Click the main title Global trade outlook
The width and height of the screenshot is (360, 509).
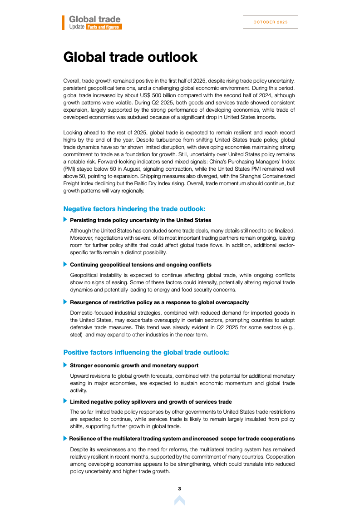(x=130, y=57)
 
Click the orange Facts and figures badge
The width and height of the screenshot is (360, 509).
(x=104, y=27)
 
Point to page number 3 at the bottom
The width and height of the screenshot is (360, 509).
(x=179, y=489)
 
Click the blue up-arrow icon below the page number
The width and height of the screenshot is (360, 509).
(x=179, y=500)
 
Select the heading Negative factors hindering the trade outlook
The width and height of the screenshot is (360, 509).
(x=134, y=209)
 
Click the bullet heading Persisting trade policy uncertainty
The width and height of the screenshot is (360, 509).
(x=140, y=220)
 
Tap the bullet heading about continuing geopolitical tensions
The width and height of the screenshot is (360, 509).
(x=140, y=264)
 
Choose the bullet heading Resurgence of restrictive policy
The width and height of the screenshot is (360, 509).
(x=159, y=302)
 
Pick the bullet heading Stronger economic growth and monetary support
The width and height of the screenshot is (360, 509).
(x=134, y=365)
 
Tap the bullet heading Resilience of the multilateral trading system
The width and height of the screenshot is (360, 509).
(x=182, y=439)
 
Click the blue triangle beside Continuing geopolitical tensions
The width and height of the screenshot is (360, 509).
(x=65, y=264)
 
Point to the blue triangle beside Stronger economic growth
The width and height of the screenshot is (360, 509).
(x=65, y=365)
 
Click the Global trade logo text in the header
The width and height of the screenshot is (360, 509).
(x=94, y=19)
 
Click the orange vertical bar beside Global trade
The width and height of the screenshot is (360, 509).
(x=64, y=23)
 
